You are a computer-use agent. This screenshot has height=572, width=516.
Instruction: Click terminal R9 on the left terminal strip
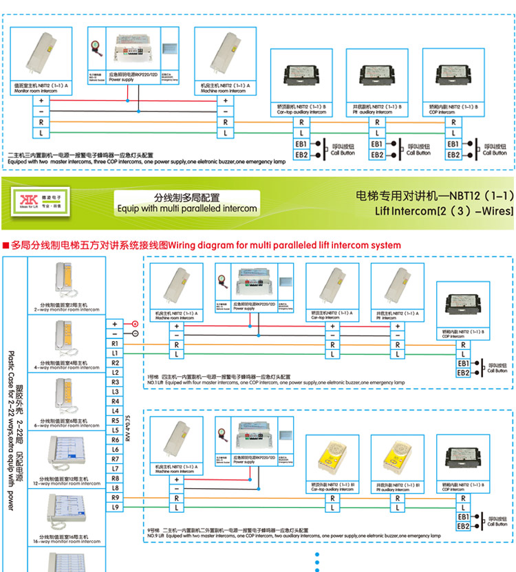coord(115,497)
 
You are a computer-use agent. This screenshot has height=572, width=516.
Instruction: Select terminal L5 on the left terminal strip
coord(115,430)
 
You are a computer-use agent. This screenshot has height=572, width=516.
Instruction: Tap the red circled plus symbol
coord(135,323)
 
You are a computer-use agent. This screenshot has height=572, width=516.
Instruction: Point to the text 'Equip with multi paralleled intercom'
coord(187,208)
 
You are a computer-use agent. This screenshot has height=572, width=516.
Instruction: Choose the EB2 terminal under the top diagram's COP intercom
coord(453,155)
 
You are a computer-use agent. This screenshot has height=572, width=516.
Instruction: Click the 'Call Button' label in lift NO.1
coord(497,371)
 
